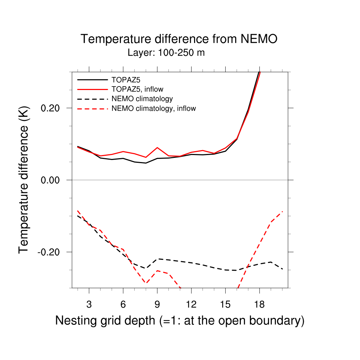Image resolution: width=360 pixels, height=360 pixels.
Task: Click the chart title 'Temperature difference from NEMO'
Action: [x=179, y=39]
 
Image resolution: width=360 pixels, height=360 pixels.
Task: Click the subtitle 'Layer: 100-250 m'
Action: [x=166, y=53]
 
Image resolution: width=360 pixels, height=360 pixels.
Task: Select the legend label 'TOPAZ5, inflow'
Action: [x=137, y=89]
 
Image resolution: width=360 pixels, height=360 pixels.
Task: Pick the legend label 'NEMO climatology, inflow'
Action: [x=153, y=108]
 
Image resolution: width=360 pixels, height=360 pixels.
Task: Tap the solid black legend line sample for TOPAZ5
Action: [x=92, y=79]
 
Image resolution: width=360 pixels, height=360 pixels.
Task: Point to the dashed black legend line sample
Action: [x=92, y=98]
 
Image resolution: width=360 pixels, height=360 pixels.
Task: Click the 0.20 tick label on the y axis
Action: [x=52, y=108]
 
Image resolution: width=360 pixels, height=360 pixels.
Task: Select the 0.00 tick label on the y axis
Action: [x=52, y=180]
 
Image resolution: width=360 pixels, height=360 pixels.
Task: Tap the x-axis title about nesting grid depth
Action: [x=180, y=321]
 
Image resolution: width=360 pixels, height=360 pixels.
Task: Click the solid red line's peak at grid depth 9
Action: [x=157, y=148]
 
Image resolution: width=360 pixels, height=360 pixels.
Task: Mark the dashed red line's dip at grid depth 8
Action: [x=146, y=283]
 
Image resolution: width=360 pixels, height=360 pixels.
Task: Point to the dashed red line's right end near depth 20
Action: [x=282, y=212]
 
